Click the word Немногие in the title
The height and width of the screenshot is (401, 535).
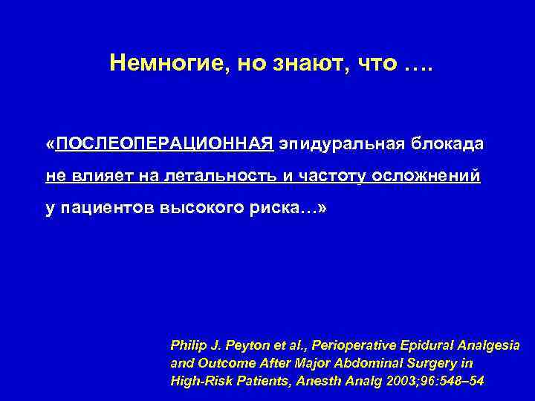point(159,64)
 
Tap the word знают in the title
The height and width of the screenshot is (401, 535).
point(306,64)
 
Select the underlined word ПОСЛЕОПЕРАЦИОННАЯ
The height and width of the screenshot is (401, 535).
point(165,143)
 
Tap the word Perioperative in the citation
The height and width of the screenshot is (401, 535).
point(348,346)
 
